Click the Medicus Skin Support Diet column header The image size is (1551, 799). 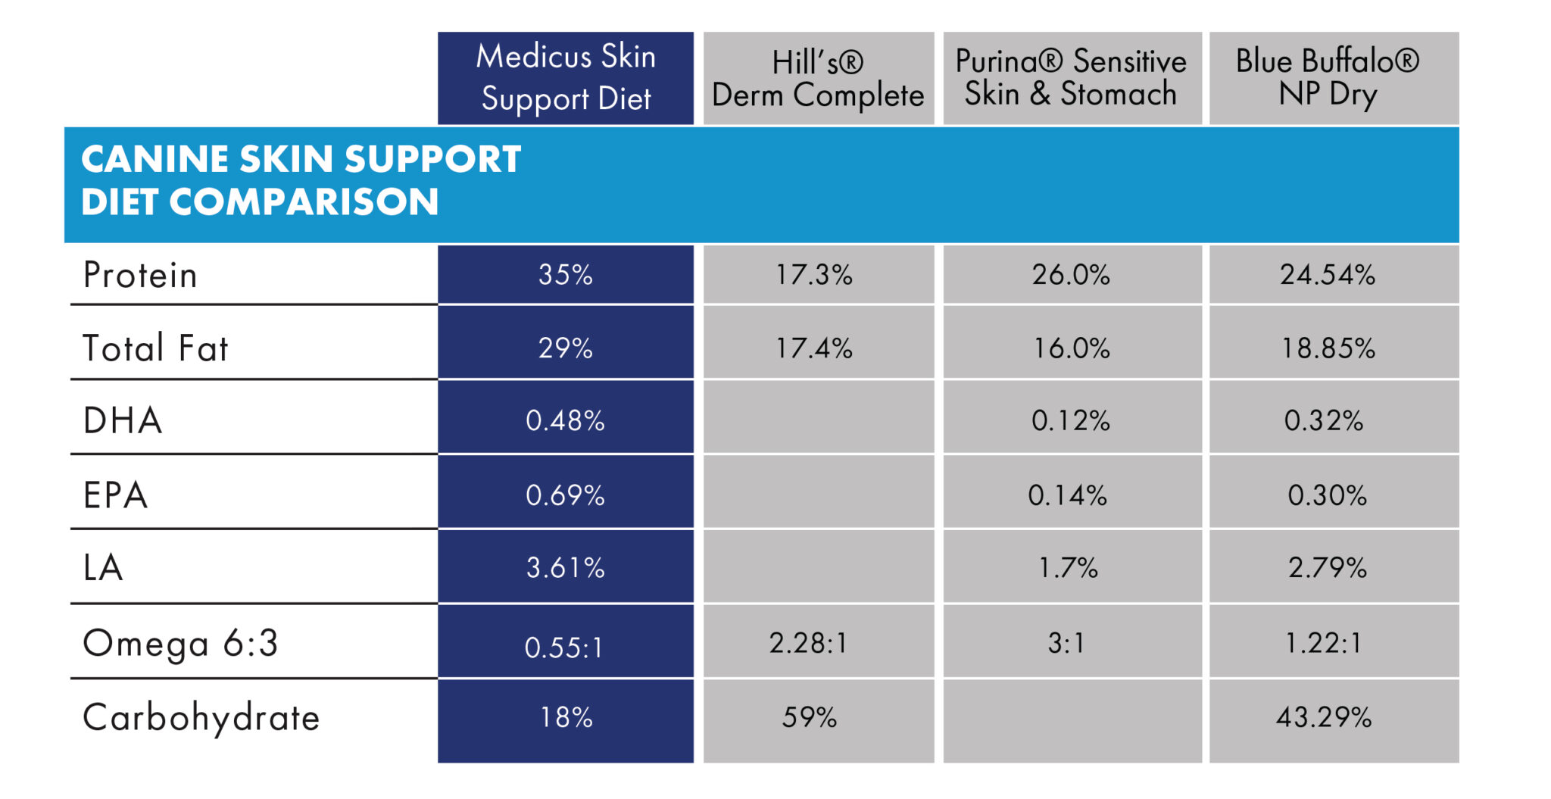(566, 78)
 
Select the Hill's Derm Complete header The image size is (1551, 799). (819, 78)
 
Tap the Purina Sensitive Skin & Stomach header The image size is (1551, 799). (1072, 78)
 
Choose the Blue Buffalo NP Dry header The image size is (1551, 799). (1334, 78)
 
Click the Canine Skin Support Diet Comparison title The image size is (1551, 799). (301, 180)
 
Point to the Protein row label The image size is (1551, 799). (140, 275)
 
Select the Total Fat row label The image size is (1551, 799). (155, 348)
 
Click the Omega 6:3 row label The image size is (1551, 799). (180, 643)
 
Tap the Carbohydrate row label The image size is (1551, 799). (201, 718)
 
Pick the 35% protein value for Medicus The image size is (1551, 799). (566, 274)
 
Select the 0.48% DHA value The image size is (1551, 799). (566, 420)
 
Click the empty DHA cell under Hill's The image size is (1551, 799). (819, 417)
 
